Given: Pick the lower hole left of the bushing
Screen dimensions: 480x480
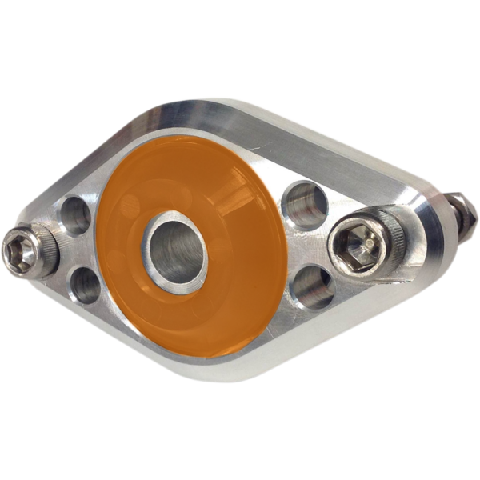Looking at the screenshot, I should [x=85, y=285].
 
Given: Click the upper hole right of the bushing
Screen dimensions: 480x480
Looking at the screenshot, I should [x=305, y=203].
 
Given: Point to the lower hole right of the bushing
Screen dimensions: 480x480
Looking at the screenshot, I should [x=313, y=286].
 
